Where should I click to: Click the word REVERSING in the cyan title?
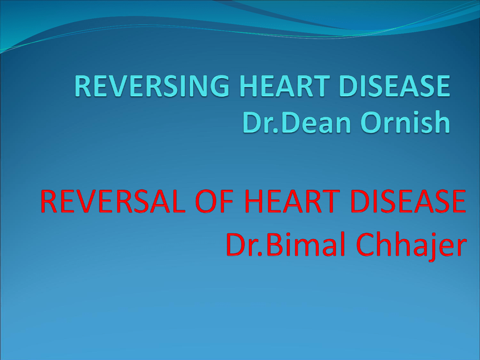click(x=151, y=86)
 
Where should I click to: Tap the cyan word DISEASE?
click(x=395, y=86)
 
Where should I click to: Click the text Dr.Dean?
click(x=296, y=122)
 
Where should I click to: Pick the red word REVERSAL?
click(x=112, y=201)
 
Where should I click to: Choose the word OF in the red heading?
click(x=214, y=201)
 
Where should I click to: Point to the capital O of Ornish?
click(x=371, y=122)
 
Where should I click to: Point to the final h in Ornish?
click(x=442, y=122)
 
